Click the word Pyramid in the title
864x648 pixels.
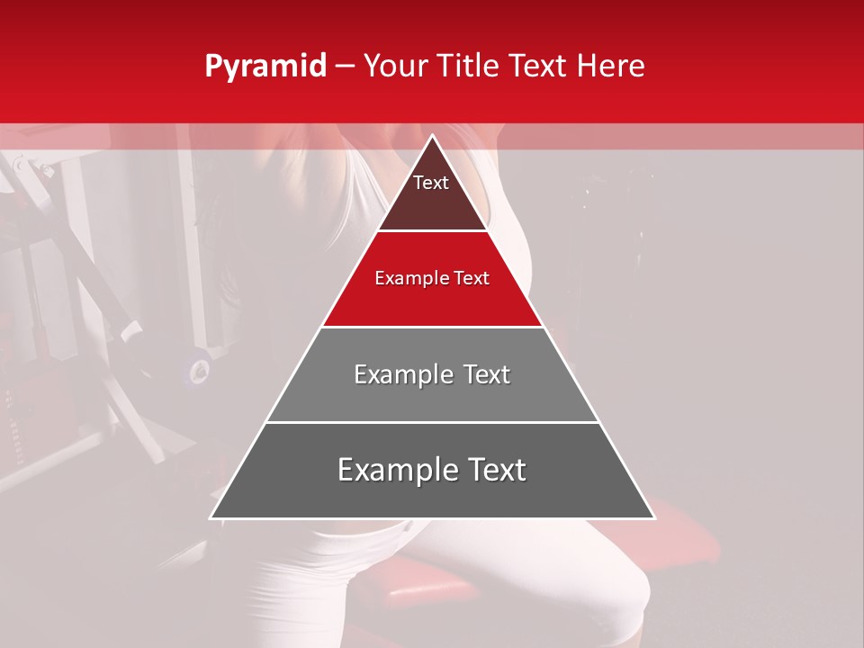tap(265, 67)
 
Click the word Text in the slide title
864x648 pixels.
tap(540, 67)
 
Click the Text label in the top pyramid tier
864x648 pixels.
tap(431, 183)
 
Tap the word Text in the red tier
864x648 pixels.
tap(472, 278)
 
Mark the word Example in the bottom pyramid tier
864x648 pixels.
tap(396, 470)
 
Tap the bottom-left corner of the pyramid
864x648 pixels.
tap(211, 517)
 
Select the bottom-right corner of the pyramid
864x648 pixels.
tap(654, 517)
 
